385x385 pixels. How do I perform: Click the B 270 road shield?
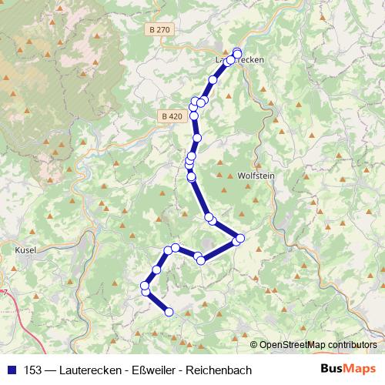[160, 29]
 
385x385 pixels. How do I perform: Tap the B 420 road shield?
[172, 116]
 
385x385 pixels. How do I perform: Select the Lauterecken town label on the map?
[240, 59]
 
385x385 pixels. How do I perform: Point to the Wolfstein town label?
[256, 175]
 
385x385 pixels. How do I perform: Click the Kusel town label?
[26, 250]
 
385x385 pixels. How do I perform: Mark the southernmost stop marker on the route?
[169, 312]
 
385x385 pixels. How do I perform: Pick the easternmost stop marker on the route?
[239, 239]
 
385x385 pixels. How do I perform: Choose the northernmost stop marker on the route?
[236, 52]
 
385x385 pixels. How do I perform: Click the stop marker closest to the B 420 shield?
[194, 116]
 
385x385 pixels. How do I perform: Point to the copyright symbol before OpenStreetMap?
[254, 345]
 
